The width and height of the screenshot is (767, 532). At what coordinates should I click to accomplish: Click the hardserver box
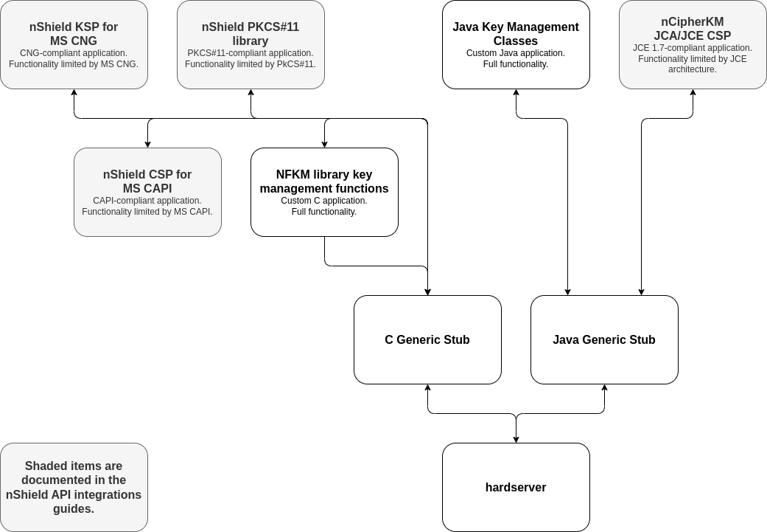tap(516, 487)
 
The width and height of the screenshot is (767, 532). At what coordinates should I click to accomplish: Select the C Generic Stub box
tap(427, 339)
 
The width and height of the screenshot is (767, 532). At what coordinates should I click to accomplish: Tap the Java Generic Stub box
tap(604, 339)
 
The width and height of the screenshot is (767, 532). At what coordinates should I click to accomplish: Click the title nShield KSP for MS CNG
tap(74, 34)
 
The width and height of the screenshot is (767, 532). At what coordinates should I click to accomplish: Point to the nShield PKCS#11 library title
tap(251, 34)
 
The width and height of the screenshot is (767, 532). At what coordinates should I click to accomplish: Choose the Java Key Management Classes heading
tap(516, 34)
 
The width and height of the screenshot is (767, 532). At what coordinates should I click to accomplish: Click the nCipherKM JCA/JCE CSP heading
tap(693, 29)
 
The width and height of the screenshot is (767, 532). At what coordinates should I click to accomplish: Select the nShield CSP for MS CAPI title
tap(147, 182)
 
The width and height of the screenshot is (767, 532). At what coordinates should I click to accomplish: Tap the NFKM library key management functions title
tap(324, 182)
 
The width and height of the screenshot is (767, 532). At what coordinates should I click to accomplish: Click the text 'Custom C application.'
tap(324, 201)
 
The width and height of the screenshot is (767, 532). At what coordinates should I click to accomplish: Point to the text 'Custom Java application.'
tap(516, 53)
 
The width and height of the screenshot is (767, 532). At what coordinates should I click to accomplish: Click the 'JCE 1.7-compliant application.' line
tap(693, 48)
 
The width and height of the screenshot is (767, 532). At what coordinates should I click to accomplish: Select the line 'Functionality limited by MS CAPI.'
tap(147, 212)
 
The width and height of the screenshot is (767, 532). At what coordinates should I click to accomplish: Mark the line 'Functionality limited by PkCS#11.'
tap(251, 64)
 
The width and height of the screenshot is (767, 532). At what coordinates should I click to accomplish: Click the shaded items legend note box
tap(74, 487)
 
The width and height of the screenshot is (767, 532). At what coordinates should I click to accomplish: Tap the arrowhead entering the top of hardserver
tap(516, 439)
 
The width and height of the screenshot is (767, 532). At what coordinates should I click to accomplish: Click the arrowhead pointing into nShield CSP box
tap(148, 144)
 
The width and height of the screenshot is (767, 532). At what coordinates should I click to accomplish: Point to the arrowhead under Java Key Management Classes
tap(516, 93)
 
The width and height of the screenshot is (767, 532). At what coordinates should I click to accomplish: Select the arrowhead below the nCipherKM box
tap(693, 93)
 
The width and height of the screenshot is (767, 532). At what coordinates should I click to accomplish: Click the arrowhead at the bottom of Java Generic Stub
tap(604, 388)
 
